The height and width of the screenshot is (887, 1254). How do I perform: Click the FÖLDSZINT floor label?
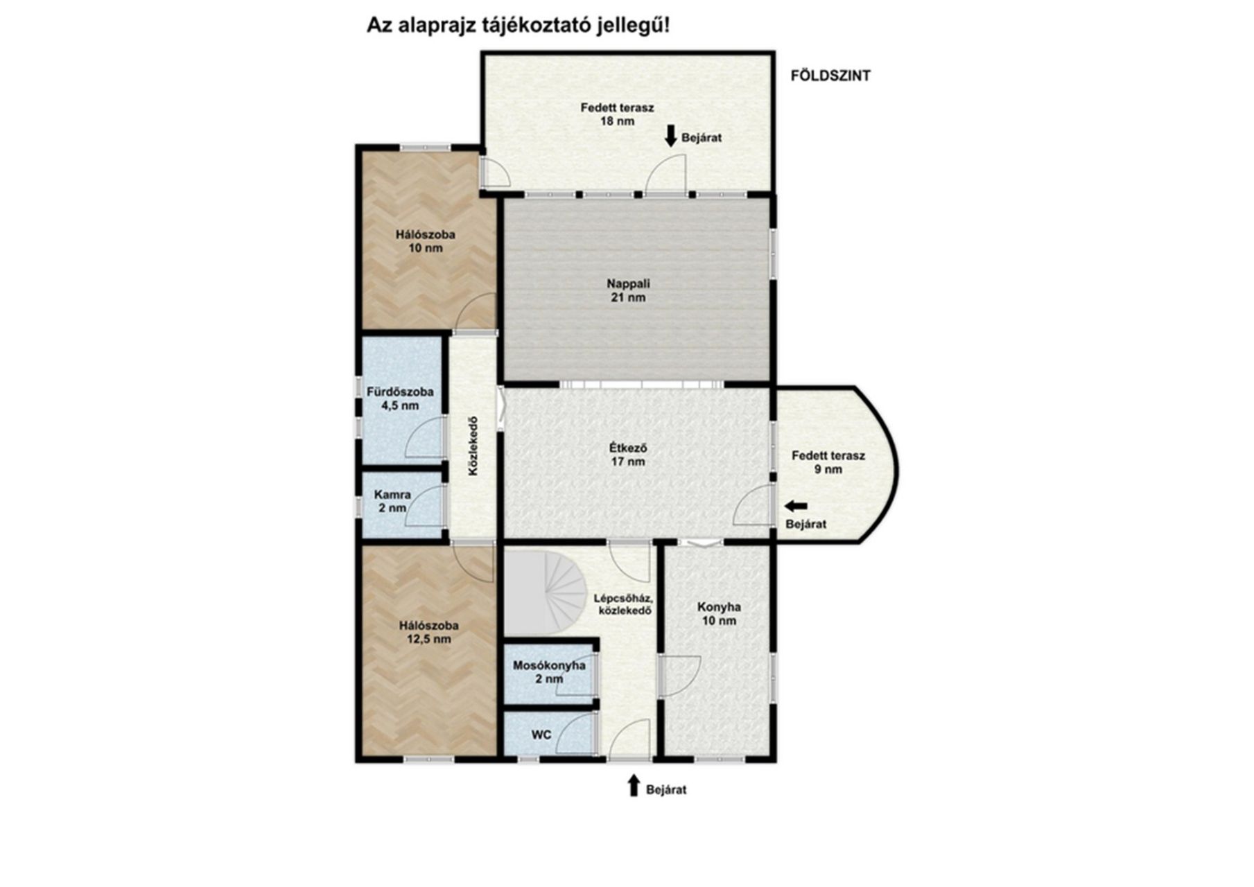pos(830,76)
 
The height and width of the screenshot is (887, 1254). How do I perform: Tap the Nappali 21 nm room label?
pos(628,290)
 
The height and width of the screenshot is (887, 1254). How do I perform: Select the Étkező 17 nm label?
pos(628,455)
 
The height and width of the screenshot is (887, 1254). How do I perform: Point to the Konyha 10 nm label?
pos(719,614)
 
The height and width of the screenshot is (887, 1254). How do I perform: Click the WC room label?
pos(541,734)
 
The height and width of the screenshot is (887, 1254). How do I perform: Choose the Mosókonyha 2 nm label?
pos(549,672)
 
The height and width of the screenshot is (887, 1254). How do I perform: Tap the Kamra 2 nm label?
pos(392,501)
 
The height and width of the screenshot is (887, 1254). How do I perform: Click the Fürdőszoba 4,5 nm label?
pos(400,398)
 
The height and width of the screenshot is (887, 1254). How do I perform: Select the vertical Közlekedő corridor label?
pos(473,446)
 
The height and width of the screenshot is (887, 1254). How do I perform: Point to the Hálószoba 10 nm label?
pos(426,241)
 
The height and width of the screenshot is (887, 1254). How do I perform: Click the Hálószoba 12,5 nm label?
pos(429,632)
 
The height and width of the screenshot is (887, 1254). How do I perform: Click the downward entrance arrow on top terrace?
pos(670,136)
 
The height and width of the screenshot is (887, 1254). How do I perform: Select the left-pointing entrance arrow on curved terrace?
pos(796,506)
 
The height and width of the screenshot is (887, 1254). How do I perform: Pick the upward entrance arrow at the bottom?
pos(633,786)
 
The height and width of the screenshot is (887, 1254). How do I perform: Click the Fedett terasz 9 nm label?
pos(828,463)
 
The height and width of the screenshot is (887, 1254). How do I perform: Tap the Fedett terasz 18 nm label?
pos(617,114)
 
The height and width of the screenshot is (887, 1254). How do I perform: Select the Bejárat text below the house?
pos(666,790)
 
